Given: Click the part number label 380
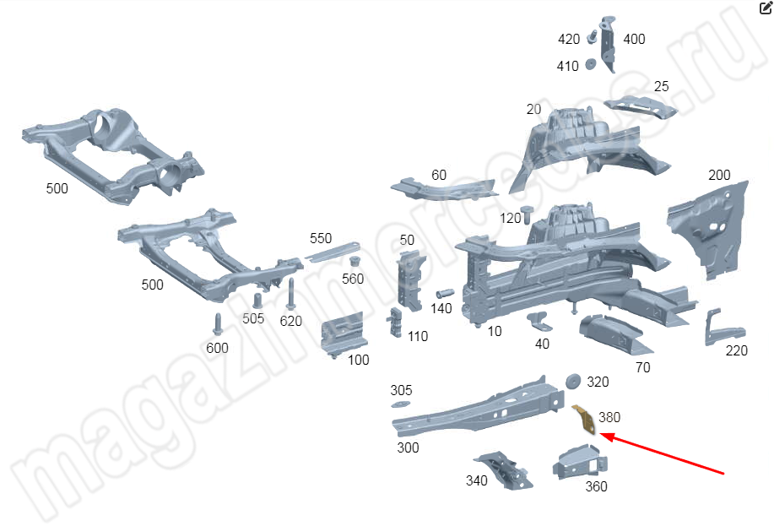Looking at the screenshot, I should [x=609, y=417].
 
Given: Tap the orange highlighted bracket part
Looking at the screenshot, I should [x=584, y=420].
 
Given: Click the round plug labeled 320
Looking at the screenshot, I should [x=571, y=380].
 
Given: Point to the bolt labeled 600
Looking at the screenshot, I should [x=218, y=324].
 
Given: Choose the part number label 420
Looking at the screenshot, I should [x=569, y=39].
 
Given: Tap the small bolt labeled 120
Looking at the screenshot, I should [x=528, y=212].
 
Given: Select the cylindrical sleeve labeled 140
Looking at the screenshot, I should [x=445, y=294].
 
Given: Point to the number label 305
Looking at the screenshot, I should [x=401, y=390].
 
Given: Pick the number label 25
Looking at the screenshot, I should [x=661, y=86].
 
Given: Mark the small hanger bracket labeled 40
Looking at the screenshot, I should [x=539, y=321].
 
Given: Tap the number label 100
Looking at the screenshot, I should [x=359, y=360].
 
